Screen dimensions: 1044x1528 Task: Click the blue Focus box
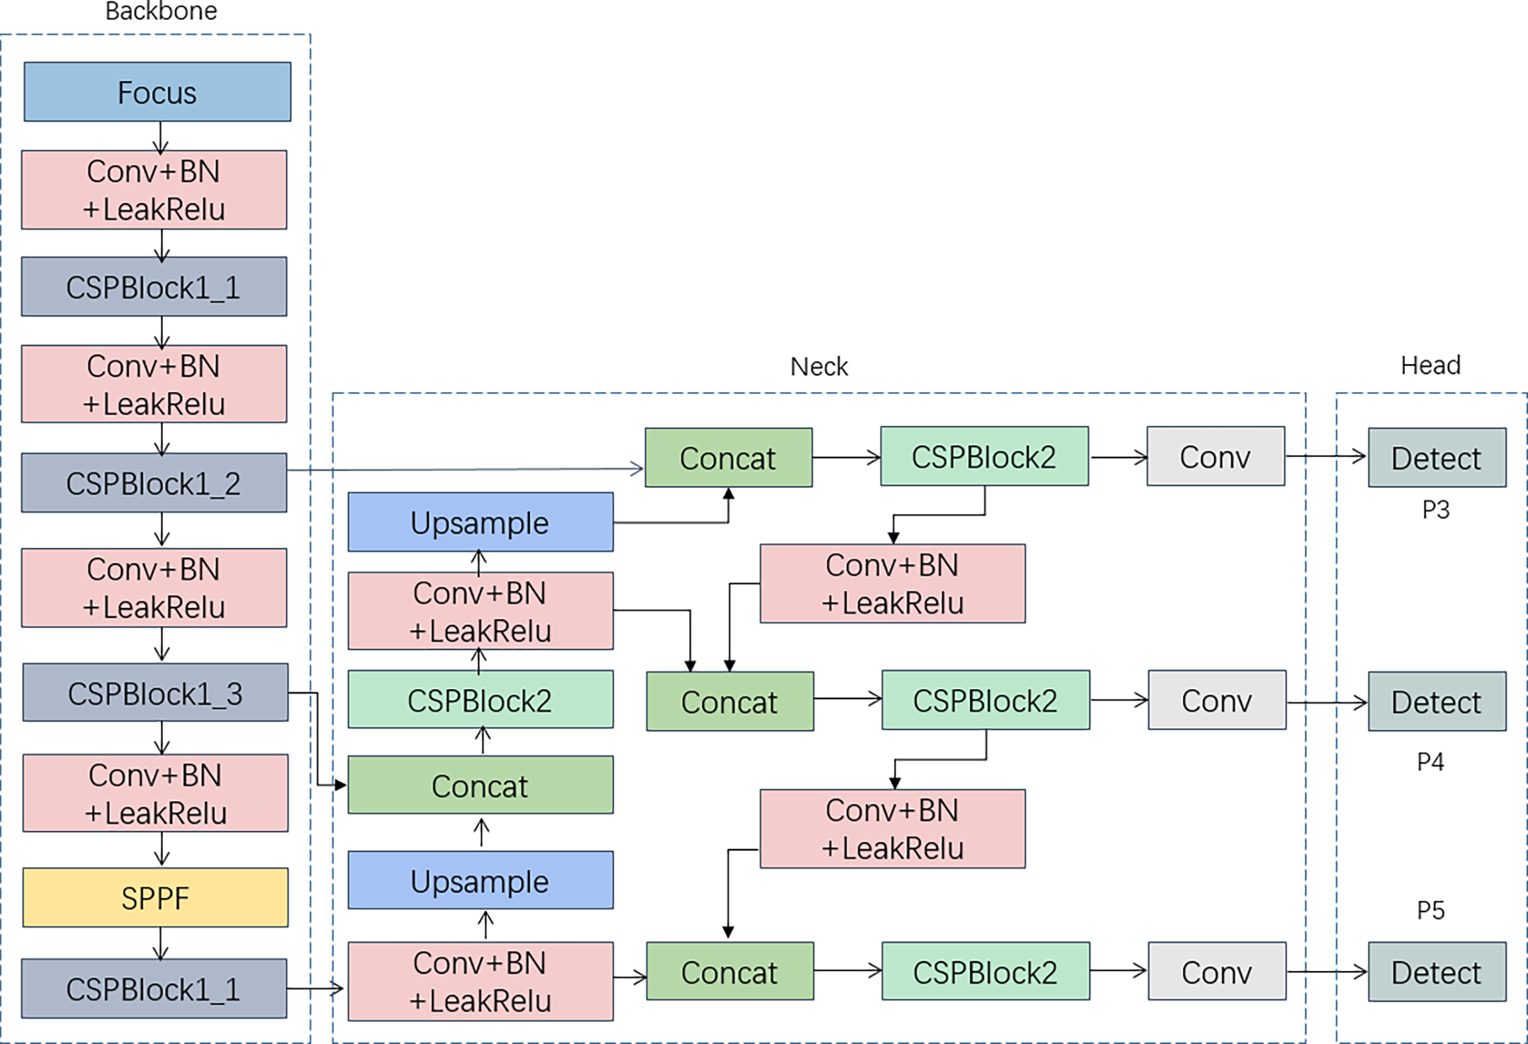pyautogui.click(x=157, y=92)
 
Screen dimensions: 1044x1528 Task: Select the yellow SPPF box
pyautogui.click(x=155, y=897)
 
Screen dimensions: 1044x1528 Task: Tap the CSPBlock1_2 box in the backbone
pyautogui.click(x=154, y=483)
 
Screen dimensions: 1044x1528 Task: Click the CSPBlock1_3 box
pyautogui.click(x=155, y=693)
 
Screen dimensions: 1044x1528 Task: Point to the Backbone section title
pyautogui.click(x=161, y=11)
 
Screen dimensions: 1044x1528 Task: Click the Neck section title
pyautogui.click(x=819, y=367)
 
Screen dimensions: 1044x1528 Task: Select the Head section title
pyautogui.click(x=1430, y=365)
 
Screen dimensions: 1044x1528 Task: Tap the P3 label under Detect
pyautogui.click(x=1436, y=510)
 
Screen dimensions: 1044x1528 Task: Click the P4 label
pyautogui.click(x=1430, y=762)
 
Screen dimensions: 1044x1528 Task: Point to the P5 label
pyautogui.click(x=1430, y=911)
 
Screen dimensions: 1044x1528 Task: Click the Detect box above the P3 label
pyautogui.click(x=1436, y=458)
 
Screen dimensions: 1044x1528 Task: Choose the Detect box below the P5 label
pyautogui.click(x=1436, y=972)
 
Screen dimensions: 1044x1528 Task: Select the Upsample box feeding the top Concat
pyautogui.click(x=480, y=523)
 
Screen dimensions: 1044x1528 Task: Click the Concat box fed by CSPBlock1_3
pyautogui.click(x=480, y=786)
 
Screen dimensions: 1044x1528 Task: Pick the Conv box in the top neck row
pyautogui.click(x=1215, y=457)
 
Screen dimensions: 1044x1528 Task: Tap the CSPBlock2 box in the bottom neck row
pyautogui.click(x=985, y=972)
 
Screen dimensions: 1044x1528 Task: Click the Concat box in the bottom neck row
pyautogui.click(x=730, y=972)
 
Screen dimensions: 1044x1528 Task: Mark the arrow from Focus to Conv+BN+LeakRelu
pyautogui.click(x=161, y=137)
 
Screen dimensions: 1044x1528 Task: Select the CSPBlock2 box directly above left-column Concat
pyautogui.click(x=480, y=700)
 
